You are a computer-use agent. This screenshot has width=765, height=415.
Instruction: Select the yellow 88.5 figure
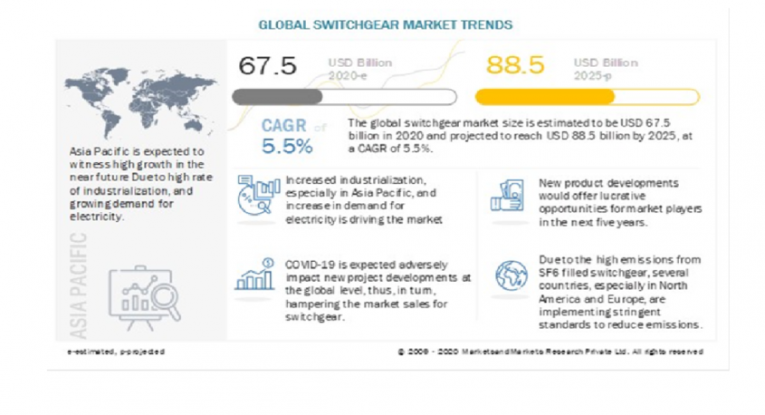(514, 66)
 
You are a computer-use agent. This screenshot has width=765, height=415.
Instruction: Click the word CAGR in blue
(284, 126)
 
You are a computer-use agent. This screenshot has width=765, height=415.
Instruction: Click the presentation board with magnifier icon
(146, 295)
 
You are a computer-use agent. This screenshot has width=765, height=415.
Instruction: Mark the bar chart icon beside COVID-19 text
(254, 275)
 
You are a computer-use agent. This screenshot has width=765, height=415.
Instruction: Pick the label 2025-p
(593, 79)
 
